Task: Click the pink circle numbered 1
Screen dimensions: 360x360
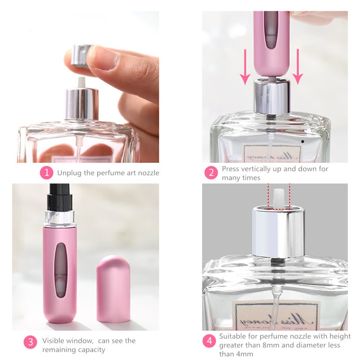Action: tap(46, 173)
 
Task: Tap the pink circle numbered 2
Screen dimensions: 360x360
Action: tap(211, 173)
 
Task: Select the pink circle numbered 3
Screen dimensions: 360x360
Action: tap(31, 342)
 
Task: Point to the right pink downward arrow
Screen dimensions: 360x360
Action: tap(298, 67)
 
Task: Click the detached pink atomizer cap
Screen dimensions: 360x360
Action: tap(113, 288)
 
